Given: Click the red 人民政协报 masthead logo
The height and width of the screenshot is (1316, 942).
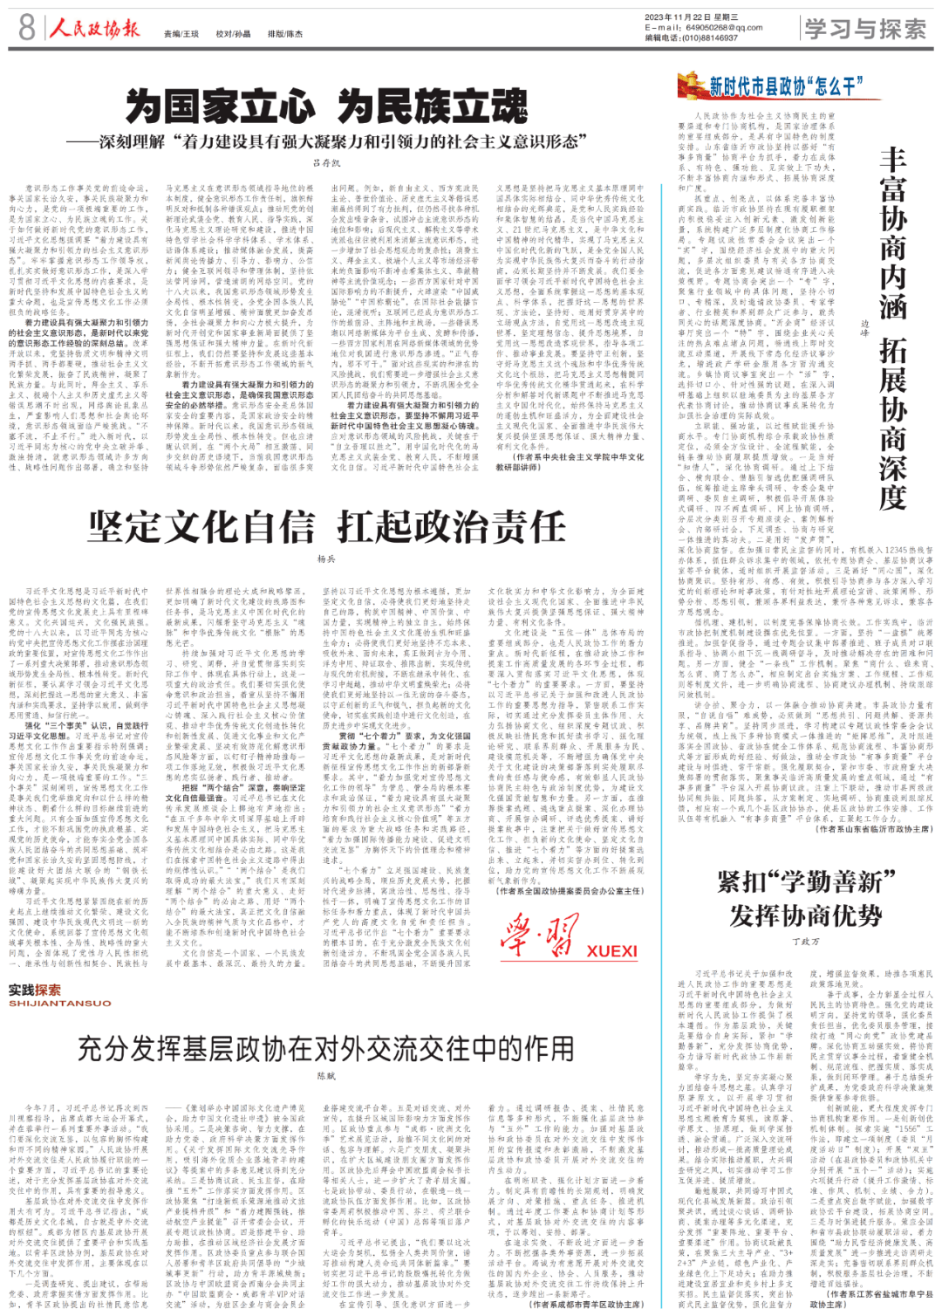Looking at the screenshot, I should point(94,28).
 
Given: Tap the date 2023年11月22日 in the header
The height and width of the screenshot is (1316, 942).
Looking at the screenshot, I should point(679,17).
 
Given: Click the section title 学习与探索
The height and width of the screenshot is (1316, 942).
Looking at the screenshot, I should point(864,29).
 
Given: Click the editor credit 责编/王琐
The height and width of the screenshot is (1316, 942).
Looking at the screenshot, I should point(181,34).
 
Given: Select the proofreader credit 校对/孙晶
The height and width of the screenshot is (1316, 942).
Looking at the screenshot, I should point(233,34).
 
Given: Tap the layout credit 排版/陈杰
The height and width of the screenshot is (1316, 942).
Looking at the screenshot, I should point(285,34).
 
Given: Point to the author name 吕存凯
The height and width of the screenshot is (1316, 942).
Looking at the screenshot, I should point(327,163).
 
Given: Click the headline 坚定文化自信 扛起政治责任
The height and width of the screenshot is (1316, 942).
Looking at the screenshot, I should point(327,528).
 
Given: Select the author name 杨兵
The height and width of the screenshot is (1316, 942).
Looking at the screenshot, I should point(326,559).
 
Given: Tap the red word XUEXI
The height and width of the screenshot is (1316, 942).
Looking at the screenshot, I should point(611,951).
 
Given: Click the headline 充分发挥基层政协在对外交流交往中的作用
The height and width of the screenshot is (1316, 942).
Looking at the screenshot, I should point(326,1048).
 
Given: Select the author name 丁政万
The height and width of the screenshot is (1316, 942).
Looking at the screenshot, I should point(806,942).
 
